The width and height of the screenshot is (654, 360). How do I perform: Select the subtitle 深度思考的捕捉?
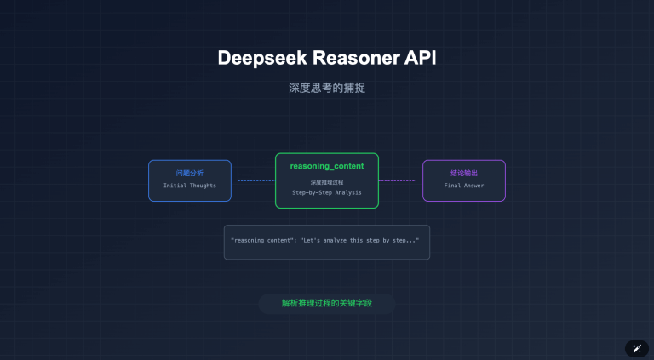(327, 88)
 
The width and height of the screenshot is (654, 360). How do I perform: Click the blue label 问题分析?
(190, 173)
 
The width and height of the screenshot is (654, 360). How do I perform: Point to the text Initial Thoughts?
(190, 186)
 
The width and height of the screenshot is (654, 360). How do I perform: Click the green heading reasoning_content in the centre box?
(327, 165)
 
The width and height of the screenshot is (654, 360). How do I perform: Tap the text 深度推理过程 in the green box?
(327, 182)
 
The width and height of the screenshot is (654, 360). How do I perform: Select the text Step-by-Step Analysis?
(327, 192)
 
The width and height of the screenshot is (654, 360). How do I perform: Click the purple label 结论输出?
(464, 173)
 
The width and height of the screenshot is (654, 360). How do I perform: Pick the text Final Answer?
(464, 186)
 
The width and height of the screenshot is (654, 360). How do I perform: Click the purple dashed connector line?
(398, 180)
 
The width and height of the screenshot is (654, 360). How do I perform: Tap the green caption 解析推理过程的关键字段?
(327, 303)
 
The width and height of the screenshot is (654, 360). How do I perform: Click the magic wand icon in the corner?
(637, 348)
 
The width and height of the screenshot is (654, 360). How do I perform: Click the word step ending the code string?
(402, 241)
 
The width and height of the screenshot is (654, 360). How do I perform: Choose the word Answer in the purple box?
(472, 186)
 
